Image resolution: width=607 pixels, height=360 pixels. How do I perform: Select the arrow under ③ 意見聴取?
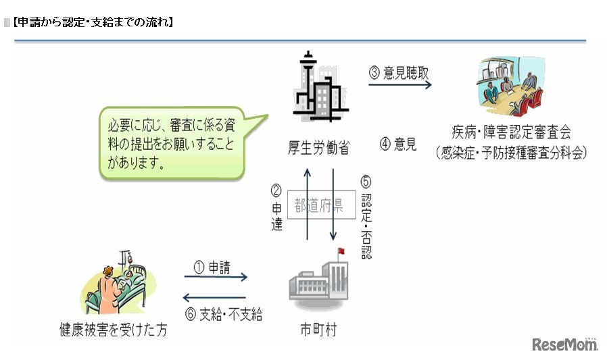coord(399,85)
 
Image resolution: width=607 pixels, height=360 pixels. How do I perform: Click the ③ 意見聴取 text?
coord(399,72)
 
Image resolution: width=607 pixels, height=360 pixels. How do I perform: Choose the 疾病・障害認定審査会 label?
coord(512,132)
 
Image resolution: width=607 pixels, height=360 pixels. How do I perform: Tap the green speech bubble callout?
coord(176,141)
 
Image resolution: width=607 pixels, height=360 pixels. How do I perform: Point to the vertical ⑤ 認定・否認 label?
coord(366,217)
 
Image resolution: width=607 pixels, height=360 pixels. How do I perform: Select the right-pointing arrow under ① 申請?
coord(216,277)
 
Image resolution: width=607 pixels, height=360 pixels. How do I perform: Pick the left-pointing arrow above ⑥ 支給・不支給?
coord(216,297)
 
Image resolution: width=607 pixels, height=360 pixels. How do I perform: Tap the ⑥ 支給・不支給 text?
coord(223,314)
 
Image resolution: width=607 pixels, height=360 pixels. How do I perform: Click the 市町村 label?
coord(318,330)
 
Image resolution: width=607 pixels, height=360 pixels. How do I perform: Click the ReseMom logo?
coord(565,344)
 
